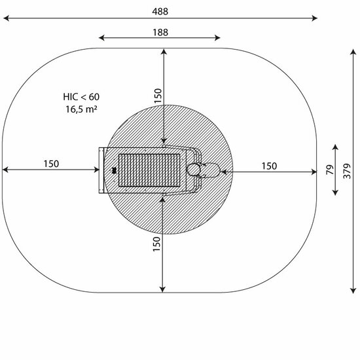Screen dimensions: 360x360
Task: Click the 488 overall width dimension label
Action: pos(160,11)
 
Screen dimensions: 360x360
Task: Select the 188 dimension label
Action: pos(160,33)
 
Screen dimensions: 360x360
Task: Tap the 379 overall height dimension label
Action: pos(347,171)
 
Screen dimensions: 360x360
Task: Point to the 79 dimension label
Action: pos(330,170)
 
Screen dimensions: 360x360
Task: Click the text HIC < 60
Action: pos(81,97)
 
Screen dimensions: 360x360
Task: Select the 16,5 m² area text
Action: pos(81,109)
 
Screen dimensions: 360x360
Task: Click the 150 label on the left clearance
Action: pos(51,164)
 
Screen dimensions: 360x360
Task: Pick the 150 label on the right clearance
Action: pos(269,166)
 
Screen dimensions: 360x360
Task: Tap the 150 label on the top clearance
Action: pos(158,96)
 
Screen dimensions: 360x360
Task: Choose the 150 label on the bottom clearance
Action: pos(156,244)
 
